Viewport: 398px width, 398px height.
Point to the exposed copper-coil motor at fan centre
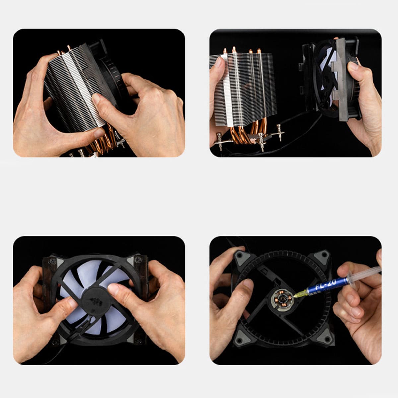(282, 300)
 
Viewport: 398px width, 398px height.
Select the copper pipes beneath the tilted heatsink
(103, 140)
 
